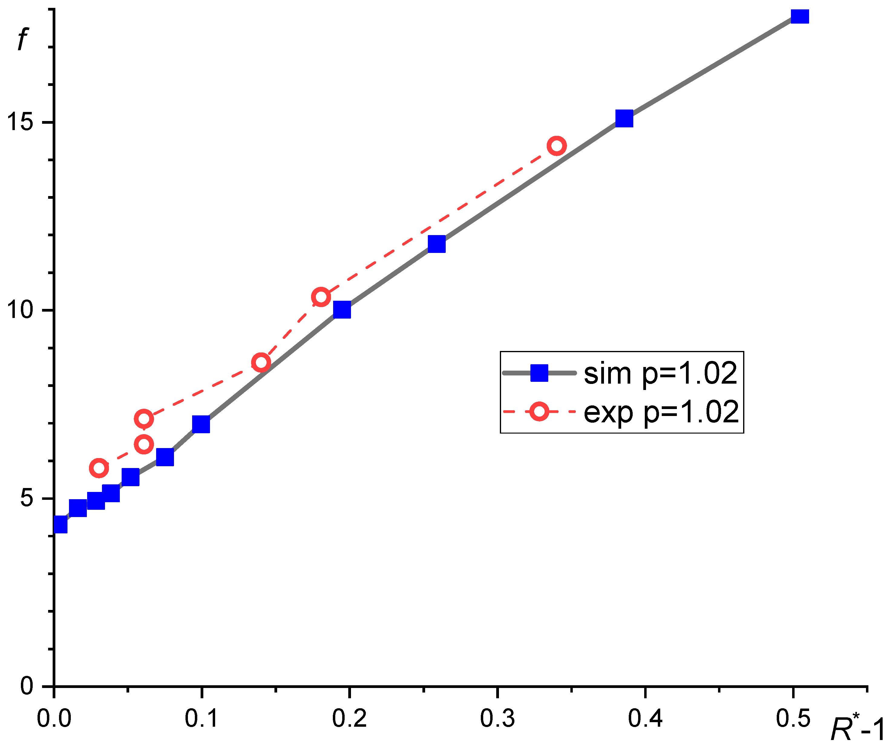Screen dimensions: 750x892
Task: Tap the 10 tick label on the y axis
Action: point(20,310)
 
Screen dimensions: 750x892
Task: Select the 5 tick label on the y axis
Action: point(26,498)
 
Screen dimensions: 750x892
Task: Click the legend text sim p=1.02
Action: point(660,374)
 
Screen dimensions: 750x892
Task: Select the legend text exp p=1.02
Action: point(661,412)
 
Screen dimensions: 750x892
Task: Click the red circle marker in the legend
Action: point(539,411)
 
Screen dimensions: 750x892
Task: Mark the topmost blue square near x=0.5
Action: point(800,16)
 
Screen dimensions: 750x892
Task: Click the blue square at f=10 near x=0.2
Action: point(342,310)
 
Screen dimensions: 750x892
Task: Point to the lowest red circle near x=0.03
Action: point(99,468)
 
